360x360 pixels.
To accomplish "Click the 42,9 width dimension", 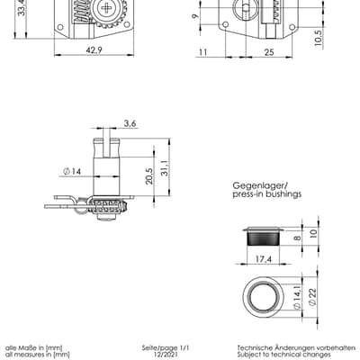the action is (94, 50).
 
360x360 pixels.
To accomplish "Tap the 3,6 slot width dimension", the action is (130, 123).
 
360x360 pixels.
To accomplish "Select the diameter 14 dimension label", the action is (72, 172).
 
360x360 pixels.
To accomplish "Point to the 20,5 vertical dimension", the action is (149, 175).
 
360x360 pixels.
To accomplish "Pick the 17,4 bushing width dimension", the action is (263, 258).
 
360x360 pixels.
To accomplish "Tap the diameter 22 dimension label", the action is (312, 297).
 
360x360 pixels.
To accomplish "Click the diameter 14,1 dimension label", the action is (297, 297).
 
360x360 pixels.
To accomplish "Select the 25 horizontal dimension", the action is (269, 52).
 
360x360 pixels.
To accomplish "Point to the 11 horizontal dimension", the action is (203, 52).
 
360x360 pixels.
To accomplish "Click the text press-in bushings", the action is (267, 194).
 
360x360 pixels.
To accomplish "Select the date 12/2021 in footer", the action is (166, 355).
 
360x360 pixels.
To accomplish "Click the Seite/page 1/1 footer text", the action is (166, 348).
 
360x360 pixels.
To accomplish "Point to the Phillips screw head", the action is (106, 8).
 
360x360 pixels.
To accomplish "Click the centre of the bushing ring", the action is (263, 297).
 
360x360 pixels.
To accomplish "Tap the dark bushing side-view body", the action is (264, 238).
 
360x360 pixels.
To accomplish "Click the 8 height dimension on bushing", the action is (297, 238).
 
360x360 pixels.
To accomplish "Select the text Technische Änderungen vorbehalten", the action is (296, 348).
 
